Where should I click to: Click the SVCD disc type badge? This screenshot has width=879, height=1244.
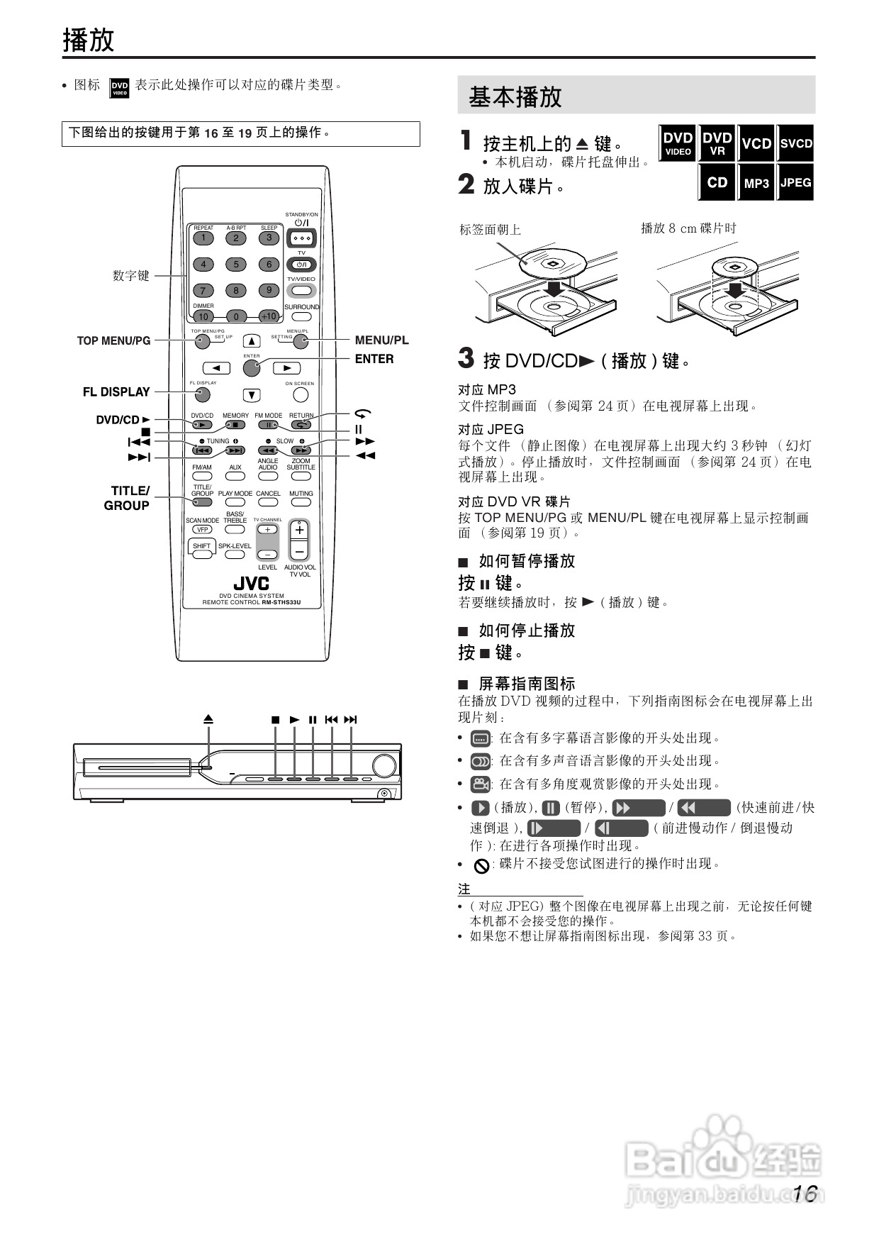[x=795, y=143]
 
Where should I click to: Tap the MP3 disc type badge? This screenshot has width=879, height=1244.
[x=756, y=182]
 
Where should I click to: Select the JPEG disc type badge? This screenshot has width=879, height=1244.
[x=795, y=182]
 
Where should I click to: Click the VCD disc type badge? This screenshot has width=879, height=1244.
[x=756, y=143]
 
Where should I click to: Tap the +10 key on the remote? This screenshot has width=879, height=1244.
[x=269, y=316]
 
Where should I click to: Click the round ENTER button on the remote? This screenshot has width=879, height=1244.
[x=252, y=368]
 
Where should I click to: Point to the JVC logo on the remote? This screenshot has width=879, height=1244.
[x=252, y=583]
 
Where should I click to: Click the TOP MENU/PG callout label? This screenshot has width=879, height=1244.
[x=113, y=341]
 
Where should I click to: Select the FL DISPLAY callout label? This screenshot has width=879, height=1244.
[x=116, y=392]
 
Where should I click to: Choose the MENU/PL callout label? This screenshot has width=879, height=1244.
[x=381, y=340]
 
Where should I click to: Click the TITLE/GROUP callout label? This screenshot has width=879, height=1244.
[x=128, y=498]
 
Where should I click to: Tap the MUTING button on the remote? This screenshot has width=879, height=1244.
[x=301, y=502]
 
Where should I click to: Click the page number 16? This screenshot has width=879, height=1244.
[x=806, y=1194]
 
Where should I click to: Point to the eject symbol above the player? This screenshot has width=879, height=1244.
[x=208, y=719]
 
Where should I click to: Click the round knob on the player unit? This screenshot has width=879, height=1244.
[x=383, y=767]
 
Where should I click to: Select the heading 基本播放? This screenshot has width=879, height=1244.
[x=515, y=97]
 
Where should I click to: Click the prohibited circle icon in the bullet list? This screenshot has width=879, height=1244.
[x=481, y=865]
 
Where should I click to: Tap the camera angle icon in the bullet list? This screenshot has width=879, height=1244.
[x=481, y=784]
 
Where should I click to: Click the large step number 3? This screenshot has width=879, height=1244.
[x=466, y=358]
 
